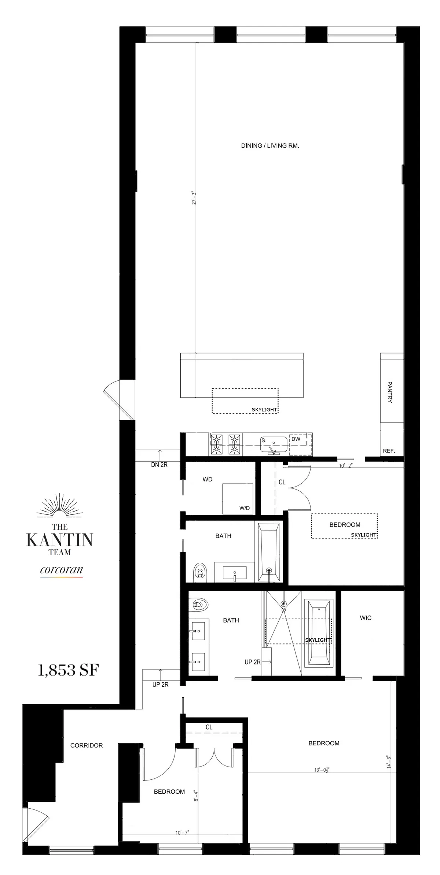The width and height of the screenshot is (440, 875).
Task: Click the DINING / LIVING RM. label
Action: click(270, 145)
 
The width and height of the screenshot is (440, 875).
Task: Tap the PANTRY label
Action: click(390, 392)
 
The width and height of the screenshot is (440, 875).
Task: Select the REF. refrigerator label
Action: click(389, 451)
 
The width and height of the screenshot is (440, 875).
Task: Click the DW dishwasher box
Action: click(300, 444)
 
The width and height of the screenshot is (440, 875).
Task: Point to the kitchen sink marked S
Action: click(274, 444)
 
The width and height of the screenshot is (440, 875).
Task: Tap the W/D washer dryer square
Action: click(238, 499)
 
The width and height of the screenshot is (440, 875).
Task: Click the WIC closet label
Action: click(366, 618)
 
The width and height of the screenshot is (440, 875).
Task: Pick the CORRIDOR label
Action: click(87, 745)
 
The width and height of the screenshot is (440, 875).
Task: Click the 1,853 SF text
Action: click(69, 670)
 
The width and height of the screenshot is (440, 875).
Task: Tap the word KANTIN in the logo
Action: click(59, 540)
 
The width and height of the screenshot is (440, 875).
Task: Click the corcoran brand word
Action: click(61, 570)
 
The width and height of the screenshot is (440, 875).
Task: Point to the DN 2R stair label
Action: click(159, 465)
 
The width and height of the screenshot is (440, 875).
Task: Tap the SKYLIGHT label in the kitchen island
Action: click(264, 410)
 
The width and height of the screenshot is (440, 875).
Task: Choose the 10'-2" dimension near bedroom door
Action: click(345, 466)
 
